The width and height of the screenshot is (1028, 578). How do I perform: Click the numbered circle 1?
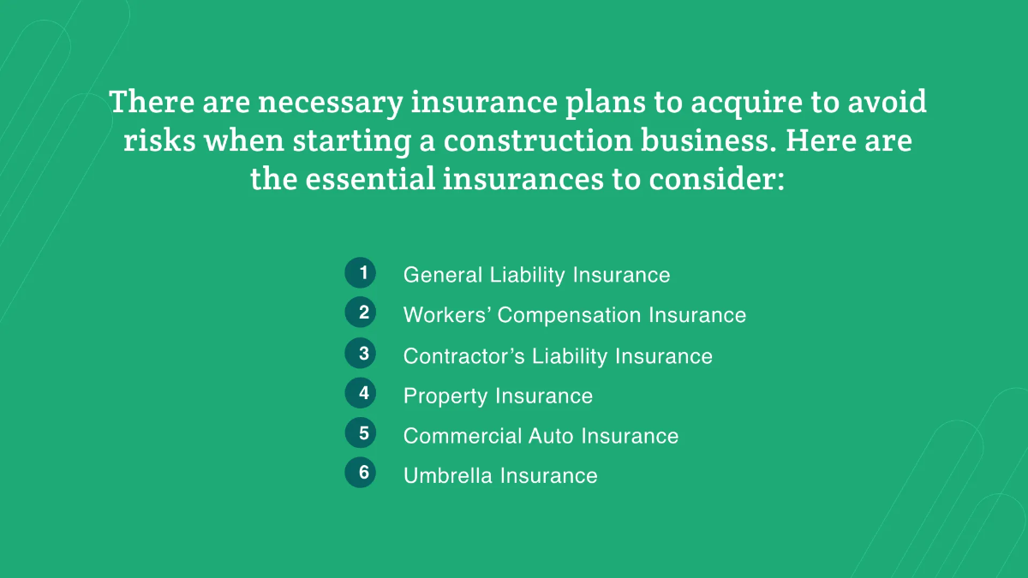pyautogui.click(x=361, y=272)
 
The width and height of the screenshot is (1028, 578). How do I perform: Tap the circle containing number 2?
pyautogui.click(x=361, y=312)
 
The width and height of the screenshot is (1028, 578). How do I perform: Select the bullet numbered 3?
pyautogui.click(x=361, y=353)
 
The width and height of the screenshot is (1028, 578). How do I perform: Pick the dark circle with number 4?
pyautogui.click(x=361, y=393)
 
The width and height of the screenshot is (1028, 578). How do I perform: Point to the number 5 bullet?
pyautogui.click(x=361, y=432)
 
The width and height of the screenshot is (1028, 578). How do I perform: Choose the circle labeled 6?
pyautogui.click(x=361, y=472)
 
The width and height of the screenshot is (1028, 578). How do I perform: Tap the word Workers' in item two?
pyautogui.click(x=447, y=315)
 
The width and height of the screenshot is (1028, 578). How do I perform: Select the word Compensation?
pyautogui.click(x=569, y=315)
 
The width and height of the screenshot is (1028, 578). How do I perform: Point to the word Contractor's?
pyautogui.click(x=464, y=356)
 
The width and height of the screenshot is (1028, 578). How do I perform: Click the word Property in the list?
pyautogui.click(x=445, y=396)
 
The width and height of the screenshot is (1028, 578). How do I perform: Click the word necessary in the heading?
pyautogui.click(x=331, y=103)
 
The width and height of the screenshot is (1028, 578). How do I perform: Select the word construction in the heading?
pyautogui.click(x=538, y=140)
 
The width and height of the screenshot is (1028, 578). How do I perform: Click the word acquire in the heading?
pyautogui.click(x=747, y=103)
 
